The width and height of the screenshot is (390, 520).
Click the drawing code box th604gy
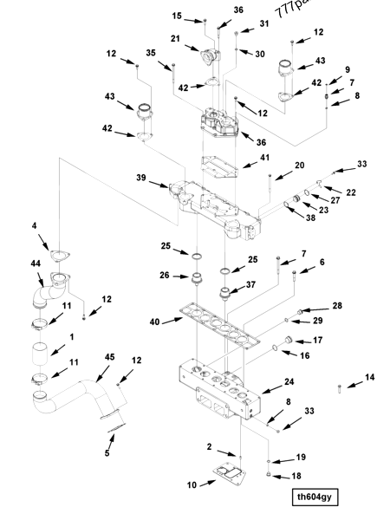pyautogui.click(x=315, y=497)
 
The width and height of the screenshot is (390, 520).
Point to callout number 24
pyautogui.click(x=289, y=381)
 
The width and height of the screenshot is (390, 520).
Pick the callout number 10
pyautogui.click(x=192, y=484)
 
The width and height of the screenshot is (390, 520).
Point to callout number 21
pyautogui.click(x=174, y=40)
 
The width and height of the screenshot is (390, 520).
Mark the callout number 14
pyautogui.click(x=370, y=377)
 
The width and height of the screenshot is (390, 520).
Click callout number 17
pyautogui.click(x=317, y=341)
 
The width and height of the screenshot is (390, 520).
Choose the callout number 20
pyautogui.click(x=300, y=165)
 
